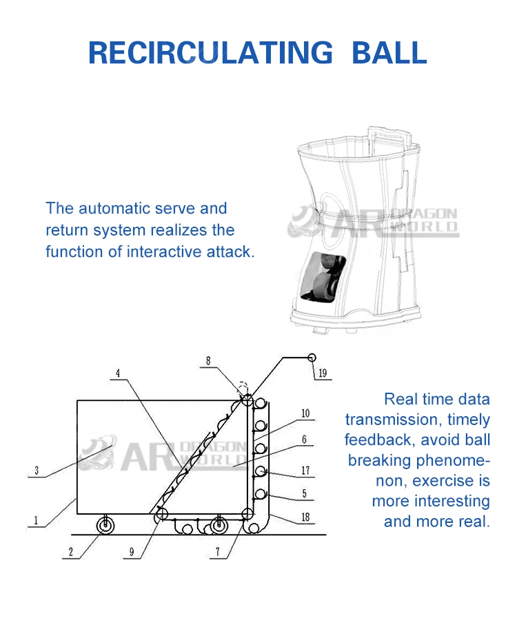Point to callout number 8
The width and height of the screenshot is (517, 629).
coord(207,360)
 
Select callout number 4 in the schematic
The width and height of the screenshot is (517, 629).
coord(118,374)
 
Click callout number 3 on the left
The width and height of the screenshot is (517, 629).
coord(37,472)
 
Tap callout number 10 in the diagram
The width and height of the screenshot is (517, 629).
coord(305,414)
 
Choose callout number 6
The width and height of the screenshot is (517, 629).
coord(304,439)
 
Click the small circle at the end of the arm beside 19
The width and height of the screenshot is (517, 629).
coord(312,358)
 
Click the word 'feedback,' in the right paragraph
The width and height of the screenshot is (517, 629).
coord(377,440)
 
